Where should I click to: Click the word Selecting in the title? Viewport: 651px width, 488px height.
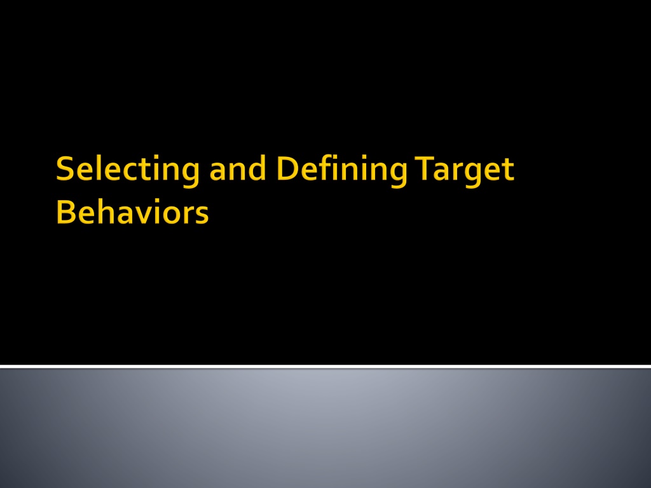point(128,170)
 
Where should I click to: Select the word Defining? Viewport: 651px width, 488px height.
point(341,170)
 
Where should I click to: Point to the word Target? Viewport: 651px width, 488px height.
point(464,171)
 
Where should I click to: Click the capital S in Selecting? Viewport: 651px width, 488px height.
point(65,168)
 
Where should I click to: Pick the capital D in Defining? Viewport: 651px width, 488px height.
point(287,168)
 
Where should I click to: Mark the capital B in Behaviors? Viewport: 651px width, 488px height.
point(65,212)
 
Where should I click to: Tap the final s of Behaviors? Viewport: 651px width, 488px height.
point(202,215)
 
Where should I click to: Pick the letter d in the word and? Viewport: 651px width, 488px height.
point(258,168)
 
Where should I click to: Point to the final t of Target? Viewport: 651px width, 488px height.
point(508,170)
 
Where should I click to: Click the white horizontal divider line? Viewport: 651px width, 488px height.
point(325,367)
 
